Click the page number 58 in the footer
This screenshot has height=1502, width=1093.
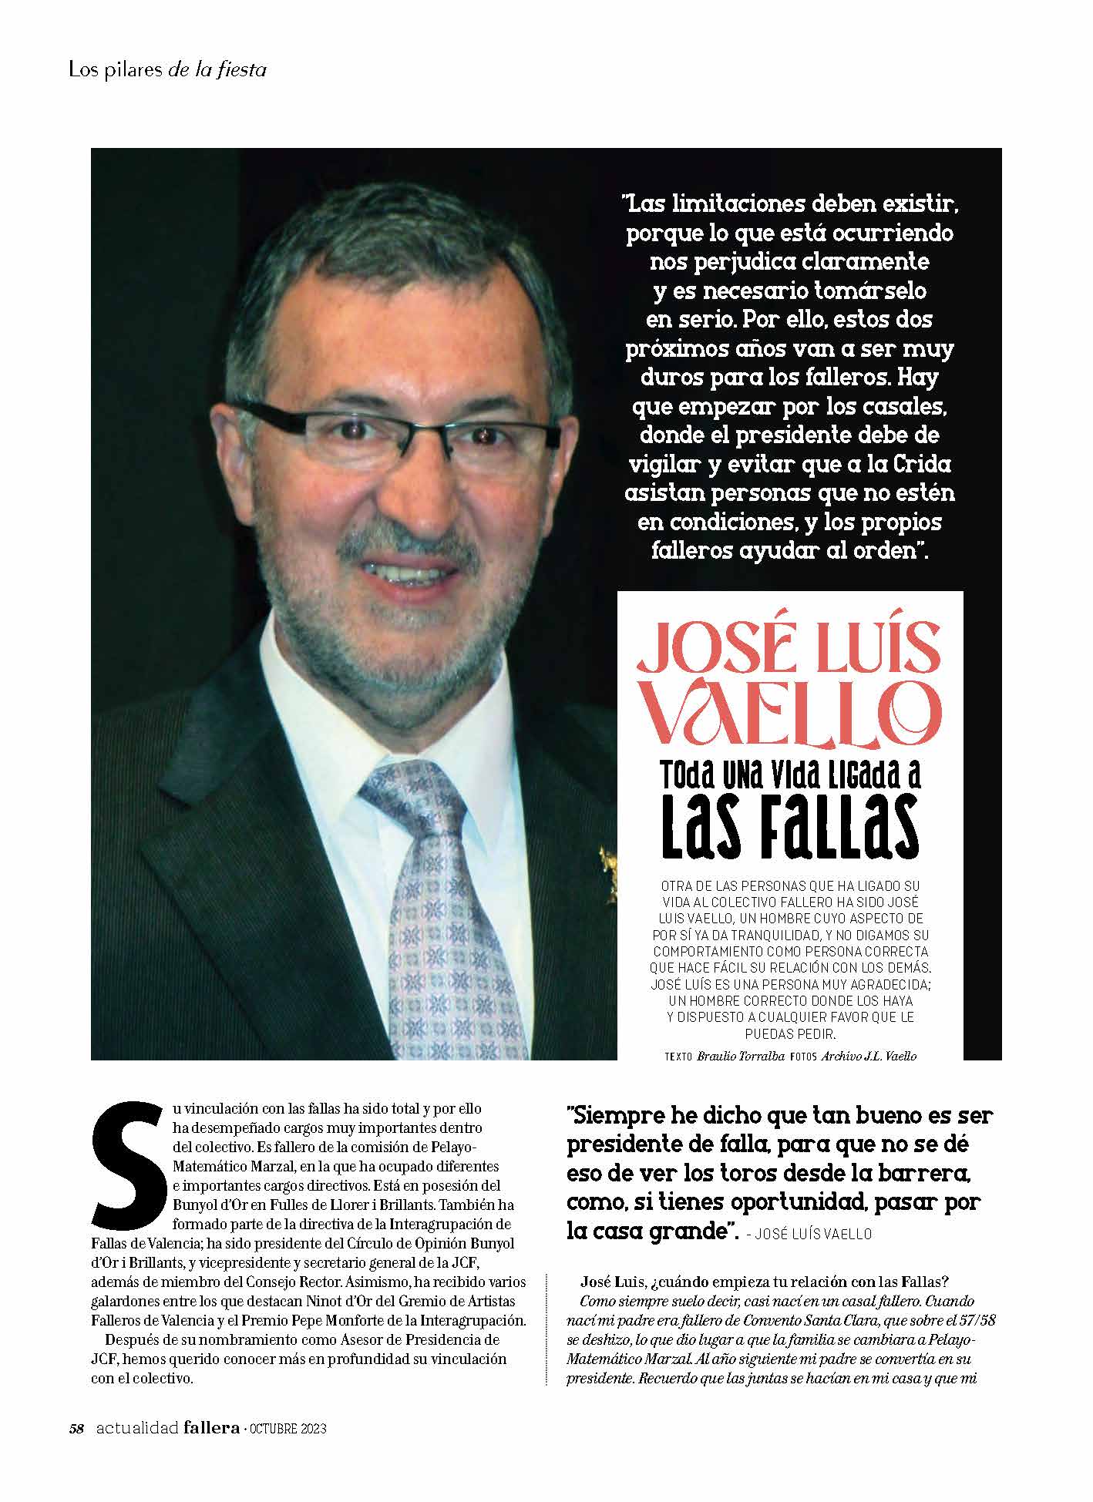76,1428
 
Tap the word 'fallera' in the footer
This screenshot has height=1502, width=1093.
212,1427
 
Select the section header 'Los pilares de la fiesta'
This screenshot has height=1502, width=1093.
167,69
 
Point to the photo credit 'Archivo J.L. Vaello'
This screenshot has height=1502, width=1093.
869,1056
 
